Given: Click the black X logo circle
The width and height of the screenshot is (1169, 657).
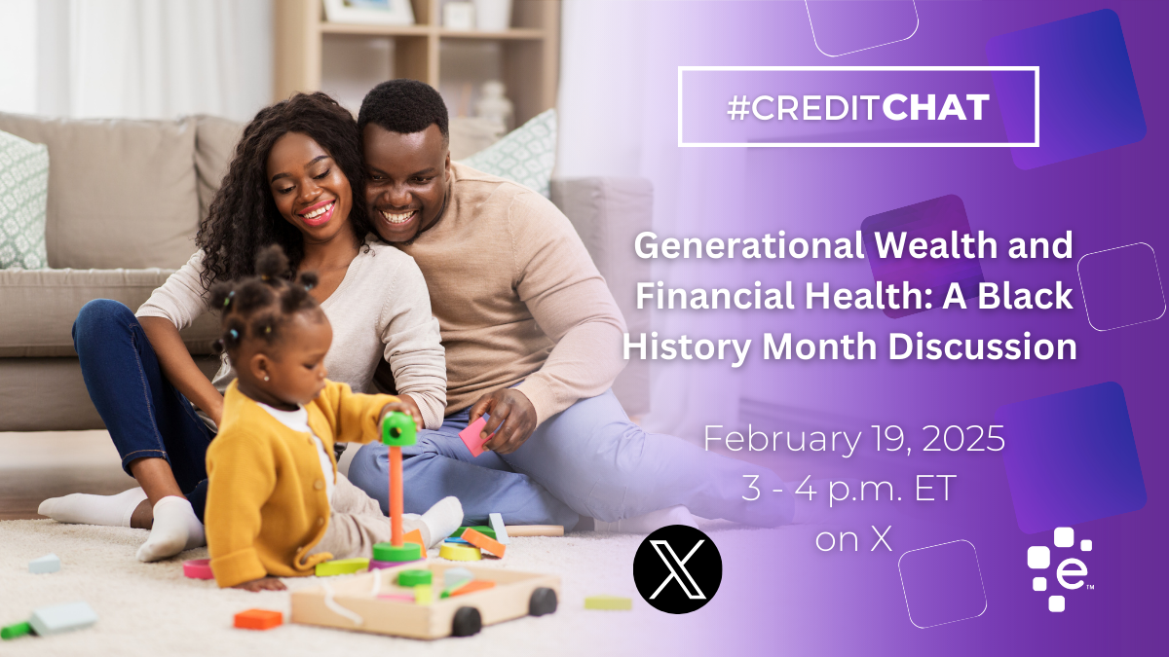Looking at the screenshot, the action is [x=677, y=568].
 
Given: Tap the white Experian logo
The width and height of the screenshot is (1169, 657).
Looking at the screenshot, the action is [x=1061, y=568].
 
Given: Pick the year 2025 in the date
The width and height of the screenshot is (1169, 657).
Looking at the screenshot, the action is [x=963, y=439].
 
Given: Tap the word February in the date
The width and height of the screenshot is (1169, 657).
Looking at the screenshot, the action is [x=782, y=440].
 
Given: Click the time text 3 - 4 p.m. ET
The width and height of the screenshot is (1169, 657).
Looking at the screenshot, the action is [x=848, y=489].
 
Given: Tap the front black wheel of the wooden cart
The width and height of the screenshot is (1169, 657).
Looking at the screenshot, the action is [x=466, y=622].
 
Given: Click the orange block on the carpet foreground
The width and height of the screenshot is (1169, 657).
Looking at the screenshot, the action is [x=258, y=619].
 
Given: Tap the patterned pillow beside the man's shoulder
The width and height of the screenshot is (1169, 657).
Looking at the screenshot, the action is [x=515, y=151].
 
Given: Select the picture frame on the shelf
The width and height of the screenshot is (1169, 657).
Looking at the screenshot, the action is [x=368, y=12].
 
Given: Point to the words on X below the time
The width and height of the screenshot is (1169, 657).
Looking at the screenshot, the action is [x=853, y=539].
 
